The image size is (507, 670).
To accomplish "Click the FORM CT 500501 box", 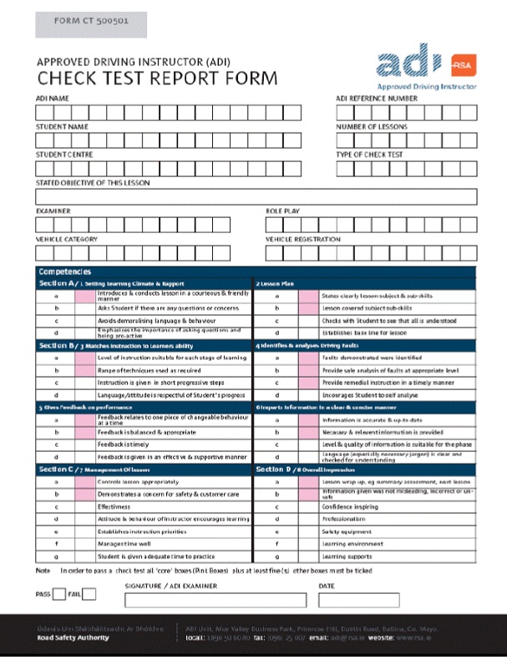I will click(91, 23).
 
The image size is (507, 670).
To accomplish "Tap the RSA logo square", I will click(462, 65).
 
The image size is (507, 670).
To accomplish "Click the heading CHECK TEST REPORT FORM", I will click(156, 79).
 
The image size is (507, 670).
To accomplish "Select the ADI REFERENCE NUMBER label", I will click(376, 98).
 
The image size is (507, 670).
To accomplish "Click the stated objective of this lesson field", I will click(256, 197).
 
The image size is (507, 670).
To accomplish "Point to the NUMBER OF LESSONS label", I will click(372, 126).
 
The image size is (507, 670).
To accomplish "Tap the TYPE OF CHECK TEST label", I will click(369, 155).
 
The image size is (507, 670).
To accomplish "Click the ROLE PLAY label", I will click(282, 211).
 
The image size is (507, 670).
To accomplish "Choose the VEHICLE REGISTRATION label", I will click(303, 240).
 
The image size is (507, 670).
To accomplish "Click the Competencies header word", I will click(64, 272).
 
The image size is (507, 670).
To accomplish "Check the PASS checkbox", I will click(59, 595).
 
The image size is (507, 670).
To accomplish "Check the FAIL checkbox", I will click(89, 595).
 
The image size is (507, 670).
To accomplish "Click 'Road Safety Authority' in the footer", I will click(73, 637).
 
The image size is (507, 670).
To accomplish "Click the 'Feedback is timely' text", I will click(125, 444).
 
